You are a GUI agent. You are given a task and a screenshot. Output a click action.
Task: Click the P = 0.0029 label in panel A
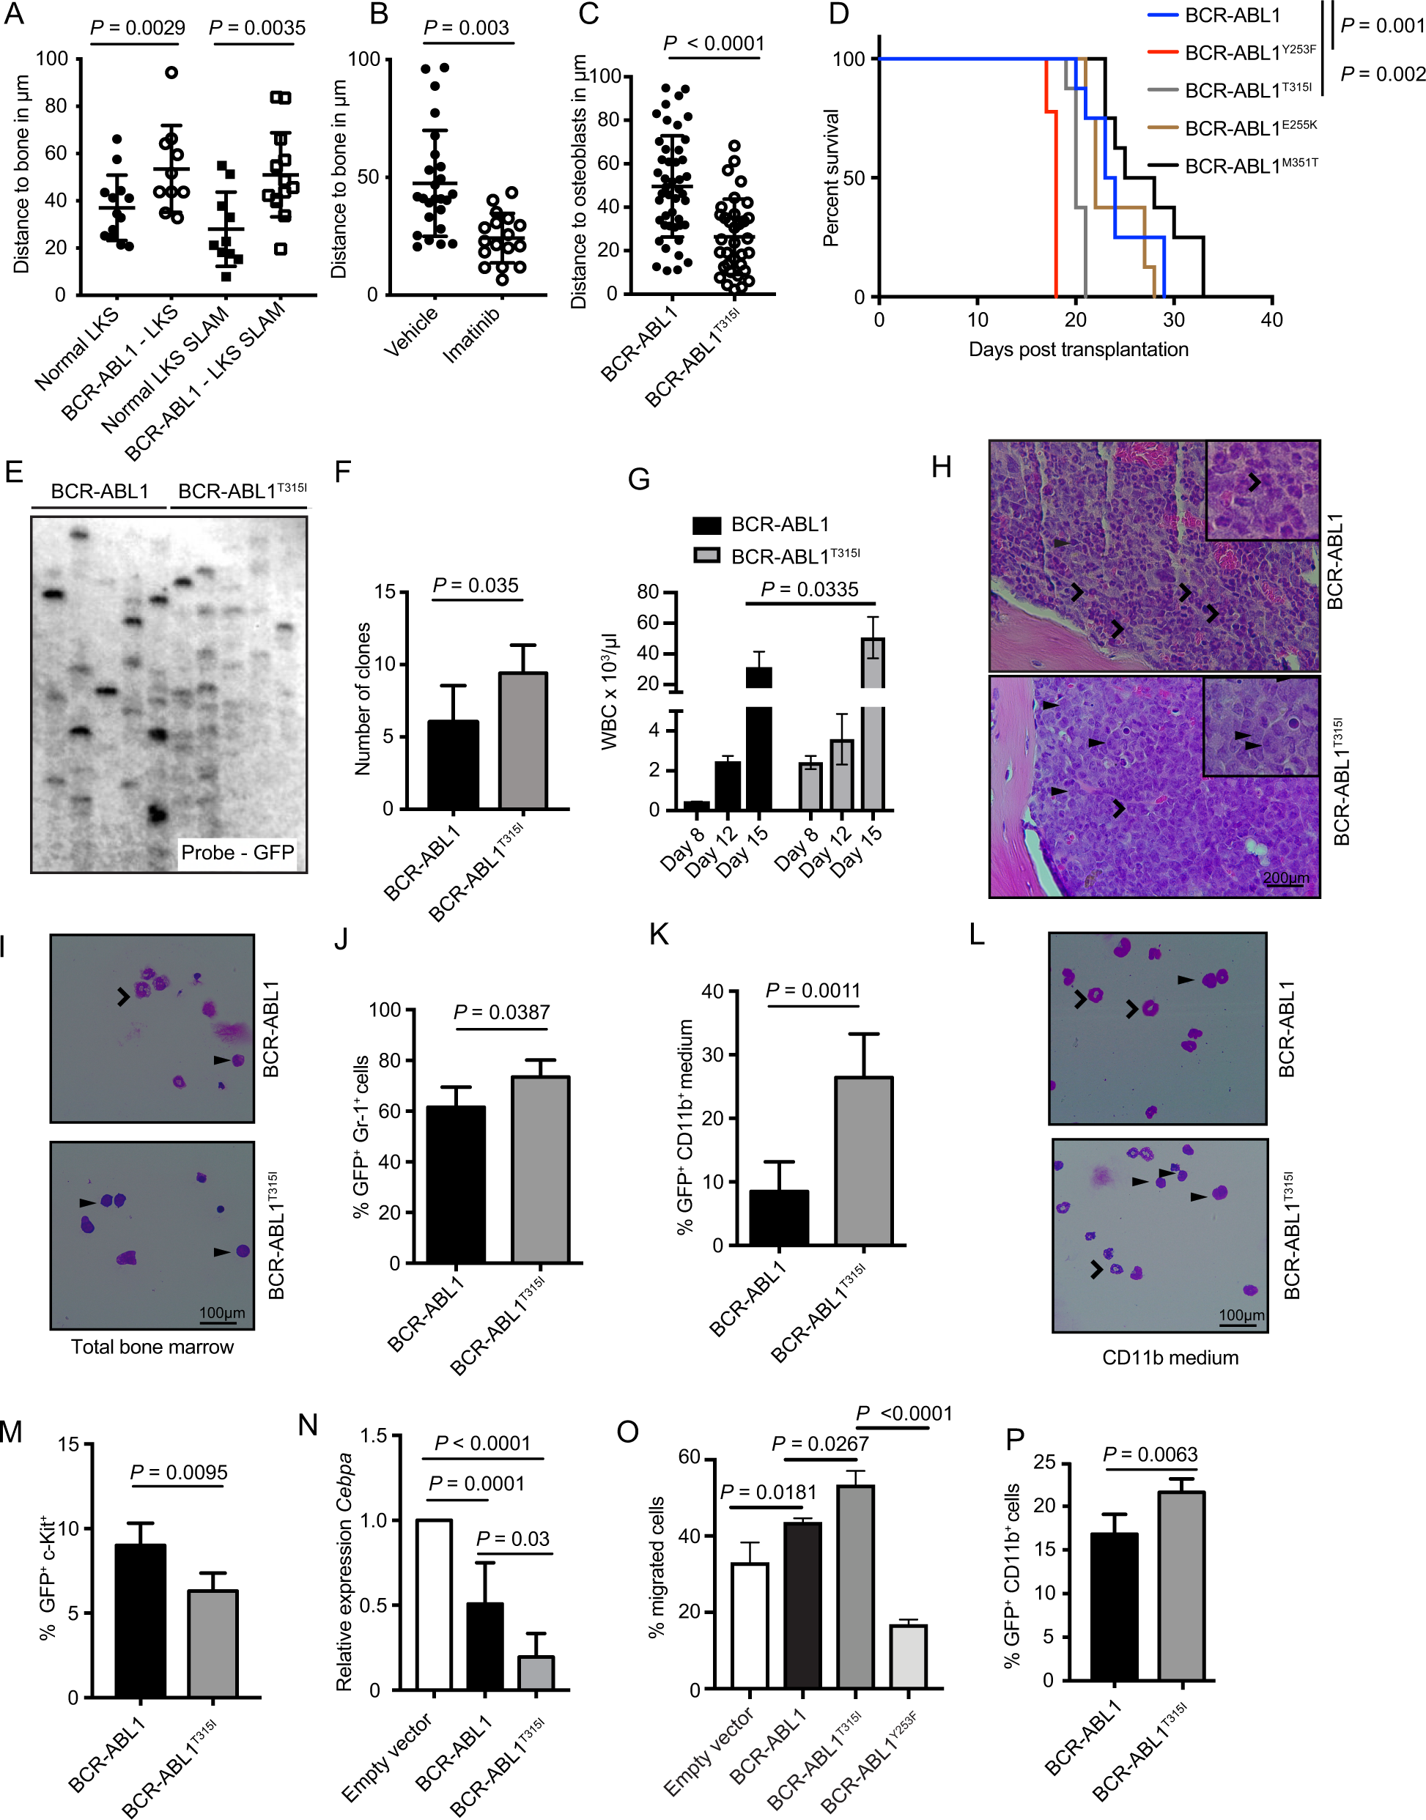click(137, 28)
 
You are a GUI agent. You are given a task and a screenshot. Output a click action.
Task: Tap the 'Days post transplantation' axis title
click(1078, 349)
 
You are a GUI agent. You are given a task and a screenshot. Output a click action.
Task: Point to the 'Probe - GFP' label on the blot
click(237, 852)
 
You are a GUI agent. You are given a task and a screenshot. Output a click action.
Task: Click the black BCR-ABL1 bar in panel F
click(454, 764)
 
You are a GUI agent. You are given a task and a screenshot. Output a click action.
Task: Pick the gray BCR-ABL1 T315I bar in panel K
click(863, 1161)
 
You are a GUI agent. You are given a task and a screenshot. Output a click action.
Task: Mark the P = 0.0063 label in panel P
click(1150, 1454)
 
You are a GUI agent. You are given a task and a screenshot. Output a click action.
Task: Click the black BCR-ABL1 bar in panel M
click(140, 1621)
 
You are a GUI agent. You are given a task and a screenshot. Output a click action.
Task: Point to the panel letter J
click(341, 939)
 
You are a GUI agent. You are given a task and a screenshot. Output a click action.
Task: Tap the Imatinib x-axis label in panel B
click(473, 334)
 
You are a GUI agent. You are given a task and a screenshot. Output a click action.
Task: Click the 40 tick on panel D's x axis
click(1271, 319)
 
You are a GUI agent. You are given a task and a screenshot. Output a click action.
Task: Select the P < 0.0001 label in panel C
click(713, 43)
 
